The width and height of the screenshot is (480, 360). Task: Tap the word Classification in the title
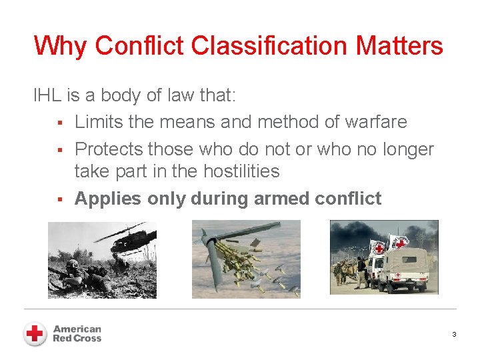click(x=269, y=46)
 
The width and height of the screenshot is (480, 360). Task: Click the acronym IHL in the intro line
click(x=47, y=95)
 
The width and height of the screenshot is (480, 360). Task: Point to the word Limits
click(x=98, y=122)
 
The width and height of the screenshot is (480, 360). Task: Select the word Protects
click(x=109, y=149)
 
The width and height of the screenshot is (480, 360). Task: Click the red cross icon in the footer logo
click(x=35, y=333)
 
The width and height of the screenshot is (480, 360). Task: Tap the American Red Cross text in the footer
click(x=77, y=333)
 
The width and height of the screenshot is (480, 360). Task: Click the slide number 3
click(x=454, y=335)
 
